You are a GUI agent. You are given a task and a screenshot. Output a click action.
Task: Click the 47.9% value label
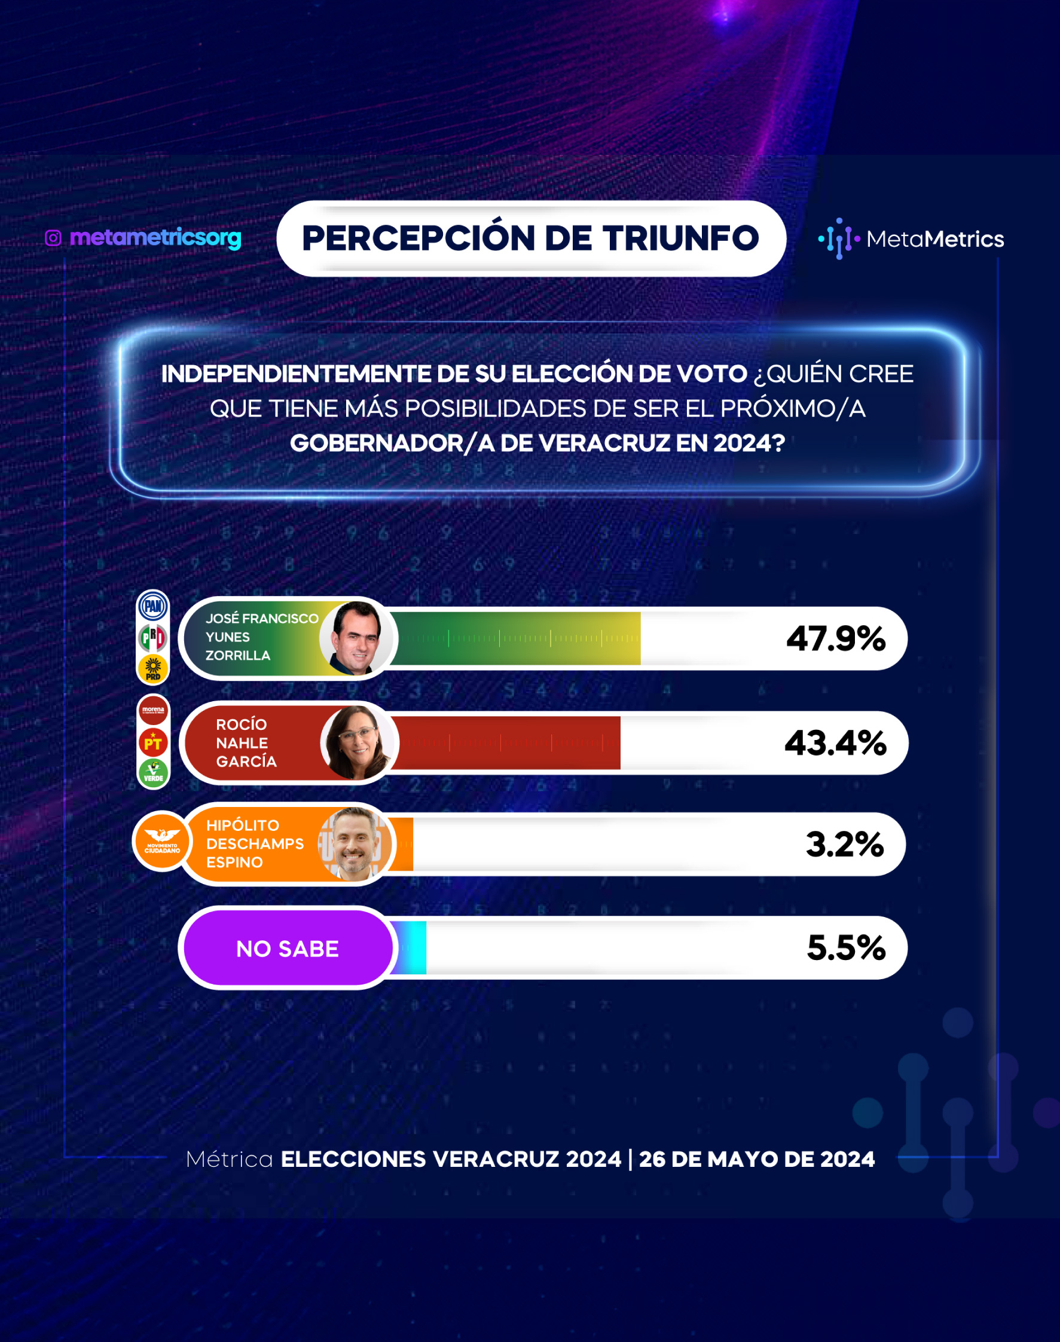pos(835,638)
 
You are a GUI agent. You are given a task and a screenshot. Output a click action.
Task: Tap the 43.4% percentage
pos(835,742)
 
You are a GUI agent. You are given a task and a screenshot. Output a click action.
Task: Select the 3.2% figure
pos(845,845)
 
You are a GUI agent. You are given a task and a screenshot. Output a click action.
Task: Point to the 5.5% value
pos(846,948)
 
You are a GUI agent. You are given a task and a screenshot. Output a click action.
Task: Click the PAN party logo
pos(153,606)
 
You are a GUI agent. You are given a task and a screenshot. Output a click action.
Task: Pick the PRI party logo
pos(153,637)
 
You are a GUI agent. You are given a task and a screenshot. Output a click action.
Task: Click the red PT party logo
pos(153,741)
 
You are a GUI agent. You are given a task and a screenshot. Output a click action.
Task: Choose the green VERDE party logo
pos(153,773)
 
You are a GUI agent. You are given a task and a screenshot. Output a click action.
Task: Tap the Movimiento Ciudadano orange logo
pos(162,841)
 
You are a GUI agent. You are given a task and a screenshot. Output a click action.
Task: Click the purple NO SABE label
pos(288,949)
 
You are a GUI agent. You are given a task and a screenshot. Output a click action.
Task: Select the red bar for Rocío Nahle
pos(505,742)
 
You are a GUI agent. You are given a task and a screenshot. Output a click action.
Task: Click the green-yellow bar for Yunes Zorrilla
pos(515,638)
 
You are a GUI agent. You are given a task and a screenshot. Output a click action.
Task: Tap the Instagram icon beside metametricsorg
pos(53,239)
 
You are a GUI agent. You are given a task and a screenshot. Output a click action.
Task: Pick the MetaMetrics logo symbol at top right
pos(839,239)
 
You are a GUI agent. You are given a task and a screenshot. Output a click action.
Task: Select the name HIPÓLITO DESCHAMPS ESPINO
pos(255,844)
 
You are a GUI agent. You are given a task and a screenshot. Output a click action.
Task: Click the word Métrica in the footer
pos(230,1159)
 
